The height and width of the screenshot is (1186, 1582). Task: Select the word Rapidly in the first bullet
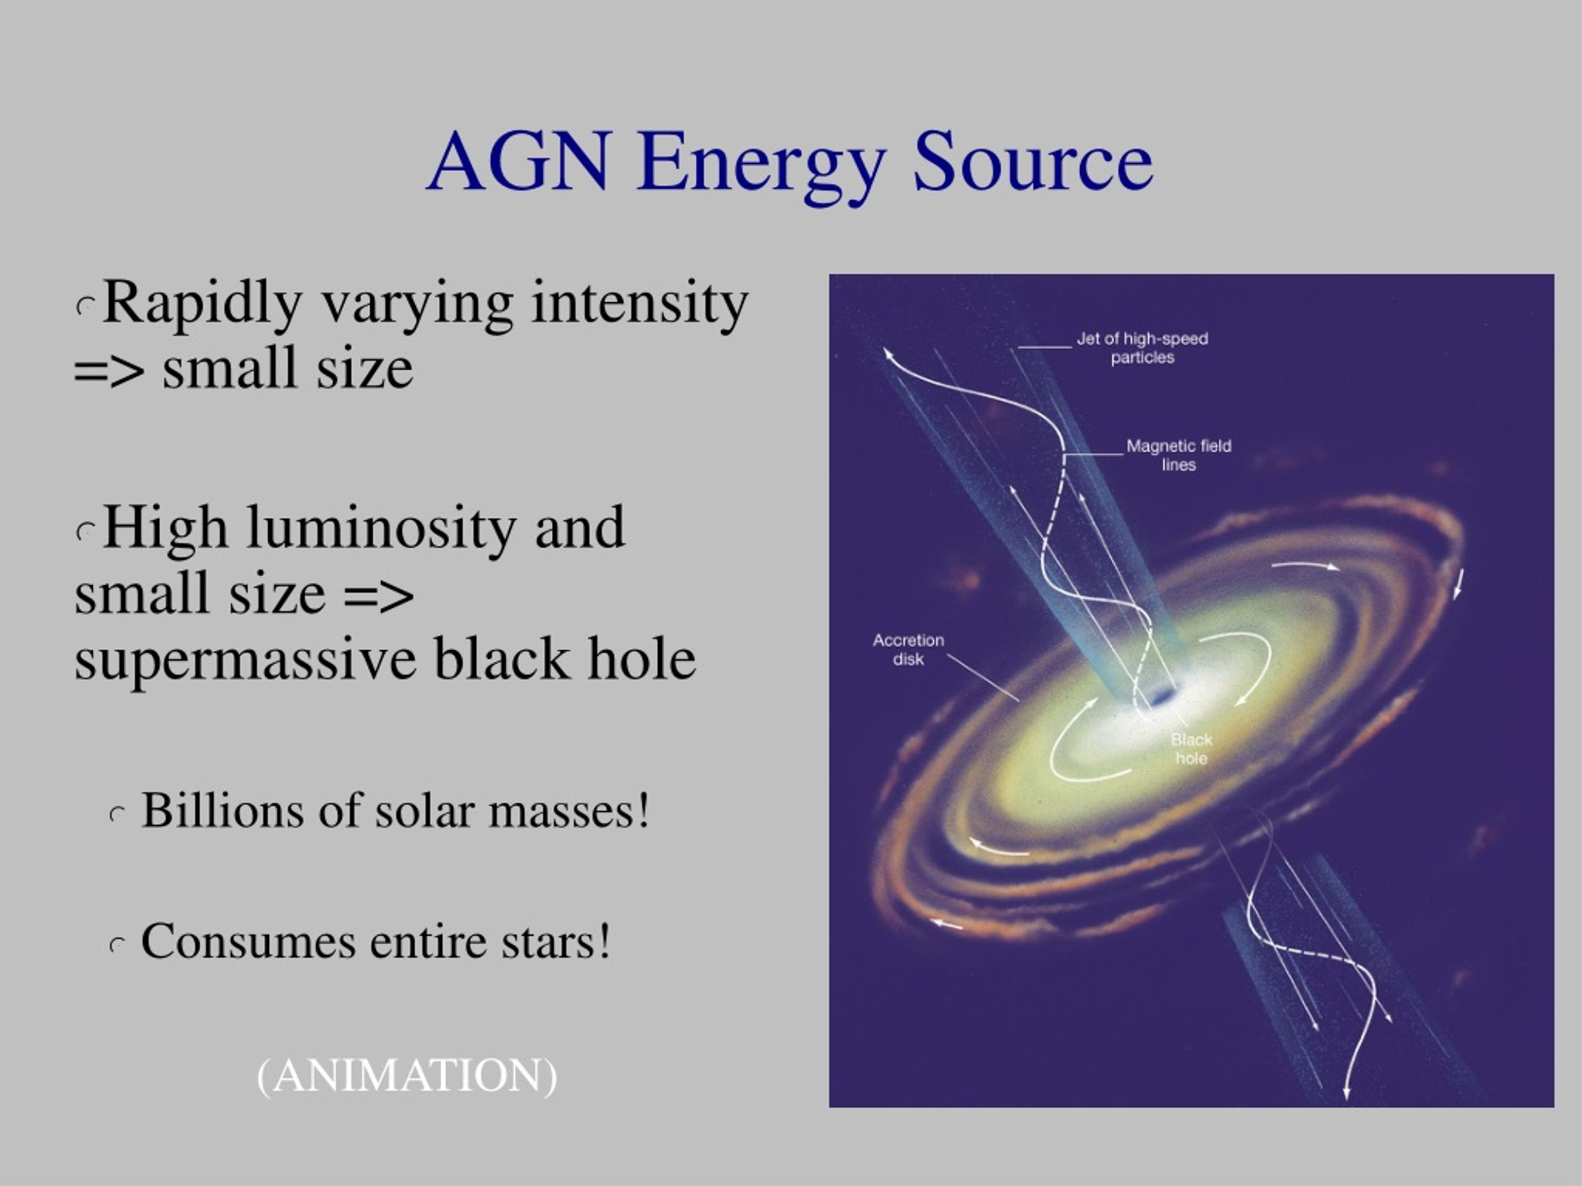pyautogui.click(x=203, y=304)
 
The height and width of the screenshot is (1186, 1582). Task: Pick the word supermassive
pyautogui.click(x=245, y=659)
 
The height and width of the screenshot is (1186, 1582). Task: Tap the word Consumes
pyautogui.click(x=248, y=941)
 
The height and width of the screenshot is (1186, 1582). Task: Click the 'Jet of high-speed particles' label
pyautogui.click(x=1142, y=348)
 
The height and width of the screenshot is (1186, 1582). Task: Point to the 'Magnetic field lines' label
pyautogui.click(x=1178, y=455)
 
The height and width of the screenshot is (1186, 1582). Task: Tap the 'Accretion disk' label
pyautogui.click(x=908, y=650)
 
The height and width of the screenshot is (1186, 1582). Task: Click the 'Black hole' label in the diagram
pyautogui.click(x=1191, y=749)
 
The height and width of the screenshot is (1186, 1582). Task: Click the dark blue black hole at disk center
pyautogui.click(x=1160, y=694)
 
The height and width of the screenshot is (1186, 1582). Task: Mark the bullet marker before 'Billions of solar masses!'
pyautogui.click(x=118, y=815)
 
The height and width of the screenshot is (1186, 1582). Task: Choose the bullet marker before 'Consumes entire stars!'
pyautogui.click(x=118, y=946)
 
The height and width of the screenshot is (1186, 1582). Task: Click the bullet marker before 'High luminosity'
pyautogui.click(x=86, y=532)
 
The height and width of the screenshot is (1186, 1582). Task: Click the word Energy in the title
pyautogui.click(x=762, y=166)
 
